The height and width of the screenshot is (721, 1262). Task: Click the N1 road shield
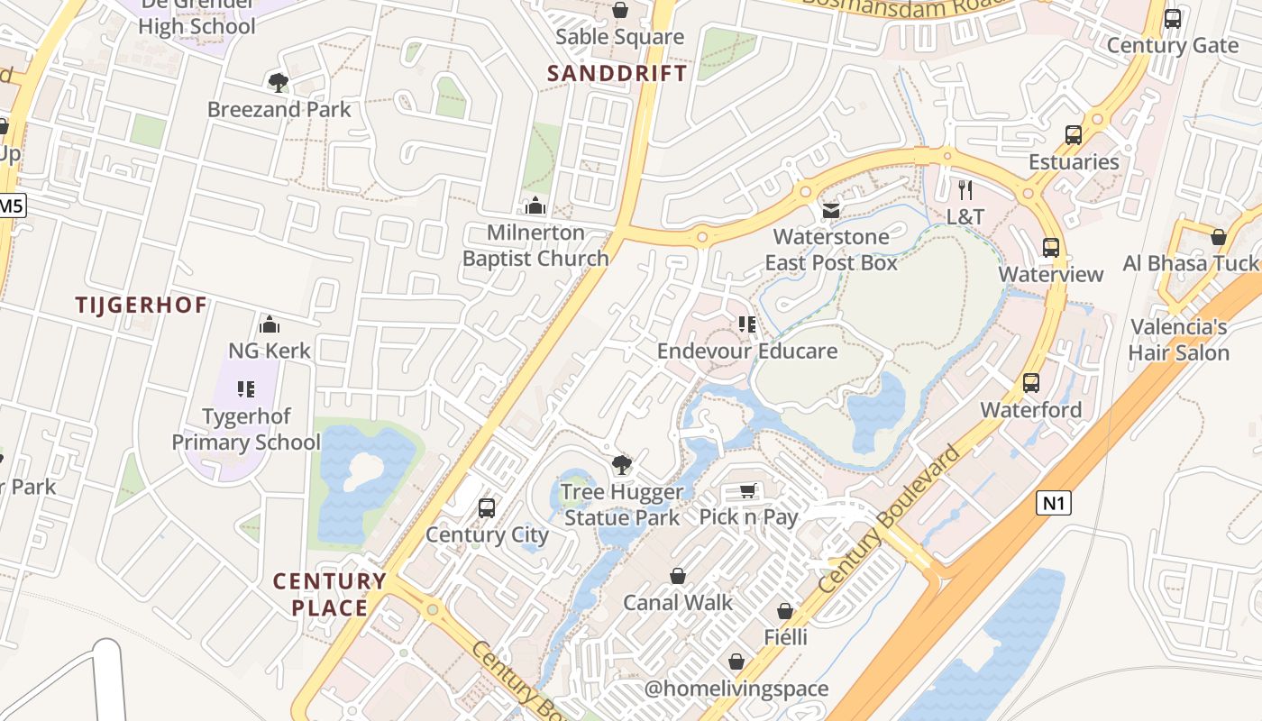[x=1053, y=503]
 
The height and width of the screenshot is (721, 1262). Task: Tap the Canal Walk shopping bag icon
[x=678, y=576]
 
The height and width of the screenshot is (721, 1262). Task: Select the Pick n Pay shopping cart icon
[x=747, y=490]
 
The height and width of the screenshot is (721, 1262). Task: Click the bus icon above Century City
[x=487, y=507]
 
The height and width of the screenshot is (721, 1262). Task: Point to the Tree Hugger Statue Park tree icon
[x=621, y=465]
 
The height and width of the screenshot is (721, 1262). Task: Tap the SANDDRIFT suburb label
[x=617, y=73]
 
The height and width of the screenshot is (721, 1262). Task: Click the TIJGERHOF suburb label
[x=142, y=305]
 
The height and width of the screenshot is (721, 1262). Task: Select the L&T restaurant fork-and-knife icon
[x=965, y=190]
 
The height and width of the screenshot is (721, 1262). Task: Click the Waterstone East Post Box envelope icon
[x=830, y=211]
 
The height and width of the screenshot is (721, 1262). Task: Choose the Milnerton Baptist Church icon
[x=535, y=205]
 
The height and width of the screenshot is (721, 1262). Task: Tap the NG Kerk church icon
[x=269, y=324]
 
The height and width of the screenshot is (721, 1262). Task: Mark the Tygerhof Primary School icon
[x=246, y=389]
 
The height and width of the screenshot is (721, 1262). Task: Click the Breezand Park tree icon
[x=279, y=83]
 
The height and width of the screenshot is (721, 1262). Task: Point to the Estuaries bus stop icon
[x=1074, y=135]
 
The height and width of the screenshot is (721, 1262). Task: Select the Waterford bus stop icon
[x=1031, y=383]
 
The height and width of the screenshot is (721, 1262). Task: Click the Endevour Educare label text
[x=747, y=351]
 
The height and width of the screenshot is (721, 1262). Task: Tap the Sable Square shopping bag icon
[x=620, y=10]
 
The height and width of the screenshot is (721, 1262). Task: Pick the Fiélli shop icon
[x=785, y=611]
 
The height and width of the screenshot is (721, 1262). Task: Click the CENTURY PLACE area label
[x=329, y=594]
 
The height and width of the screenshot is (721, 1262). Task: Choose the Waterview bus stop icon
[x=1051, y=248]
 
